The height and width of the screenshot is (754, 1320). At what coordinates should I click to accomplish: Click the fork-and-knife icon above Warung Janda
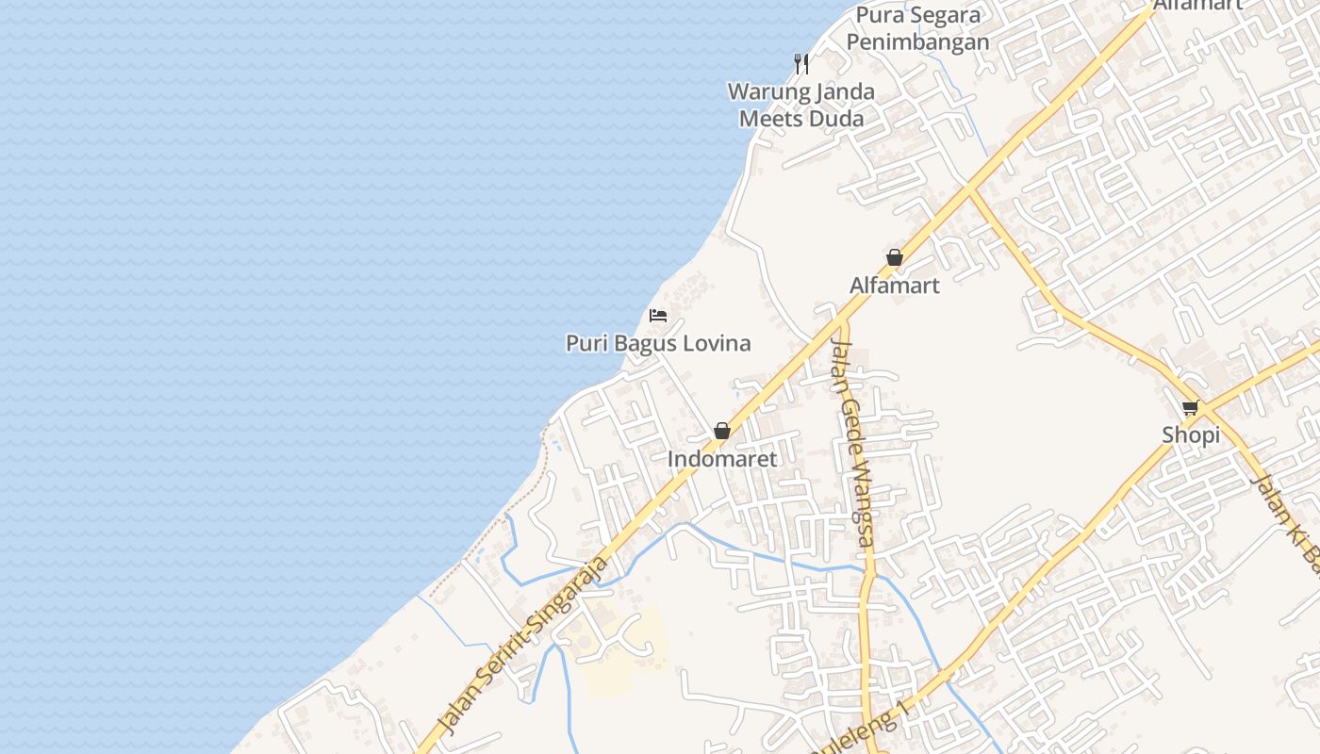pyautogui.click(x=801, y=64)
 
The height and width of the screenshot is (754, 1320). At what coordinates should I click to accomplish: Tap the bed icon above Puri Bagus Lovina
pyautogui.click(x=658, y=315)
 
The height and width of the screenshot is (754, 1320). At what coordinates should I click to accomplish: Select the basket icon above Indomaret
pyautogui.click(x=722, y=431)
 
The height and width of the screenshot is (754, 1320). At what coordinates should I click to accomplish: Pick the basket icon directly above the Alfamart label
pyautogui.click(x=895, y=257)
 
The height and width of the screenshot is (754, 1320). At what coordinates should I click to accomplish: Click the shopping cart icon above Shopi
pyautogui.click(x=1190, y=408)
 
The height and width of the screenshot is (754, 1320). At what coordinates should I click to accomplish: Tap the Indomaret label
pyautogui.click(x=722, y=459)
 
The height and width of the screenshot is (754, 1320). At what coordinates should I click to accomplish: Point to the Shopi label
pyautogui.click(x=1191, y=435)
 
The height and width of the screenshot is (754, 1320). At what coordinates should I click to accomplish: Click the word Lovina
pyautogui.click(x=716, y=343)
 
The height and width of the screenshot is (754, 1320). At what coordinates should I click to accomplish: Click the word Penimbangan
pyautogui.click(x=918, y=42)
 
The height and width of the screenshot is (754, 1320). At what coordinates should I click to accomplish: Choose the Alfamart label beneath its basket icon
pyautogui.click(x=895, y=286)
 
